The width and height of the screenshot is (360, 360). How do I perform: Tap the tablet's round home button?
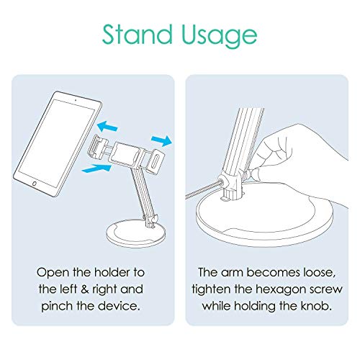pos(35,184)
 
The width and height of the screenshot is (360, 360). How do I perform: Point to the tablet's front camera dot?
pos(76,100)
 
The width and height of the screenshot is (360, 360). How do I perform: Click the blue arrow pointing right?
pos(161,140)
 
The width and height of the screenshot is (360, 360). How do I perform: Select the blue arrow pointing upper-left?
pos(107,126)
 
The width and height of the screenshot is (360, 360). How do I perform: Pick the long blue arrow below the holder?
pos(96,168)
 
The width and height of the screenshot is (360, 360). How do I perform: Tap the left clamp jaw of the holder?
pos(97,148)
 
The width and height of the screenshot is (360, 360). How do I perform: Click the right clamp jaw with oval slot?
pos(156,161)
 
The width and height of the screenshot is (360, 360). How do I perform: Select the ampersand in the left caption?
pos(85,289)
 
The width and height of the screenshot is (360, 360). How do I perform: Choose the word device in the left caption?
pos(119,306)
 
